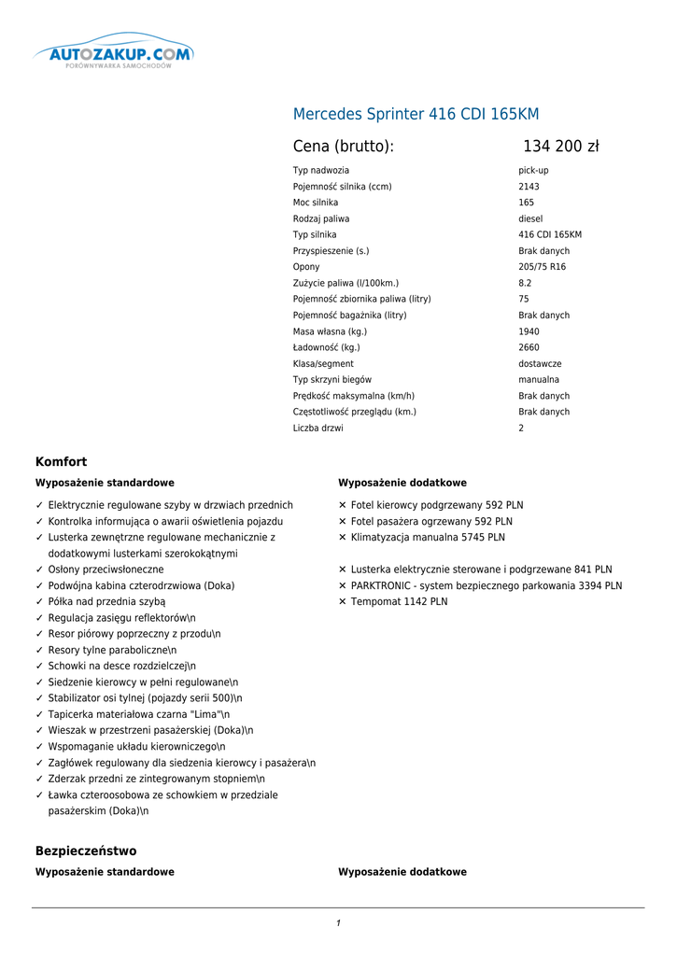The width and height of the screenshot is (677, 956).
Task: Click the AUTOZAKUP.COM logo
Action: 113,55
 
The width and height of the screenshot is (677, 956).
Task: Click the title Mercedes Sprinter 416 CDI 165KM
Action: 416,115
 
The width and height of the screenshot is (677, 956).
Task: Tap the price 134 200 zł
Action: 560,147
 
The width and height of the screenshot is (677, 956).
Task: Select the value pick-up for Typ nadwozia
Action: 533,171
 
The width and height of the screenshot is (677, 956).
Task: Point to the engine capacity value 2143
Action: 529,187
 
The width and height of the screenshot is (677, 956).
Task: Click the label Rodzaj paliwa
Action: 321,218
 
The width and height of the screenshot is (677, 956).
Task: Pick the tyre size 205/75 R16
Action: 542,267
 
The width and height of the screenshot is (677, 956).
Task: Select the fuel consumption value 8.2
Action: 525,283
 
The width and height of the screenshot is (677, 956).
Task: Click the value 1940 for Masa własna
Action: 529,331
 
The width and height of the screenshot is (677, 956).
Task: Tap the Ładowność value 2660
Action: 529,347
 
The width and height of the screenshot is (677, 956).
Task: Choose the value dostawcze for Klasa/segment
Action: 540,364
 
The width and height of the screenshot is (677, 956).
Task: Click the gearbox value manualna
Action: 539,380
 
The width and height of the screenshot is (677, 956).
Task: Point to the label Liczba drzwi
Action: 317,429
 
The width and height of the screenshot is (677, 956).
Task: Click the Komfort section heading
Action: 62,462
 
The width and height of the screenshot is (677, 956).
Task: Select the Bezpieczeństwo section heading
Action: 86,851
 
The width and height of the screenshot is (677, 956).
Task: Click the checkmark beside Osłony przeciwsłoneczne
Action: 39,569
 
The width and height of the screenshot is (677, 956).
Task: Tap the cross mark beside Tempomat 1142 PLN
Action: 343,602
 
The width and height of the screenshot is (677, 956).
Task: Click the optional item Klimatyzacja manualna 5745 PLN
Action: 428,538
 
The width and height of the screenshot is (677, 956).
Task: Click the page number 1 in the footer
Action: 338,923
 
